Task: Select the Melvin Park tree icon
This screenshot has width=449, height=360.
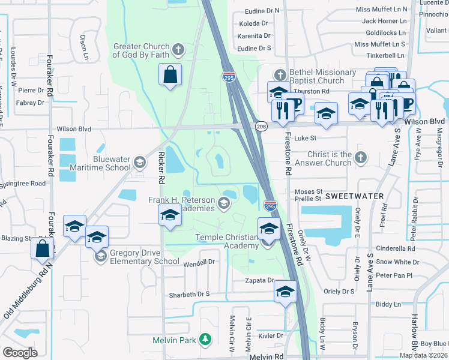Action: (205, 340)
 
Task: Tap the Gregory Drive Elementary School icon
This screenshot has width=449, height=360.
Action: (100, 256)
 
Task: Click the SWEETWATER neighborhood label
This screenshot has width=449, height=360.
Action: (351, 196)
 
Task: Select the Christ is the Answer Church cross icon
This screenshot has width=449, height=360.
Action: (360, 158)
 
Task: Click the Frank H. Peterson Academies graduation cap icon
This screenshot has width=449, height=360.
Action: (224, 203)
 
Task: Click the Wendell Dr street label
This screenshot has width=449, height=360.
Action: (199, 263)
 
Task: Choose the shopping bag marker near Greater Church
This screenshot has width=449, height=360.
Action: (170, 75)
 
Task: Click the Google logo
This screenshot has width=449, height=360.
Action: (20, 352)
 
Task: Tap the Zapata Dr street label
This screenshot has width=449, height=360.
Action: (259, 280)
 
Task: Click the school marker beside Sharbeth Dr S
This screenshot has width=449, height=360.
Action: (285, 292)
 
